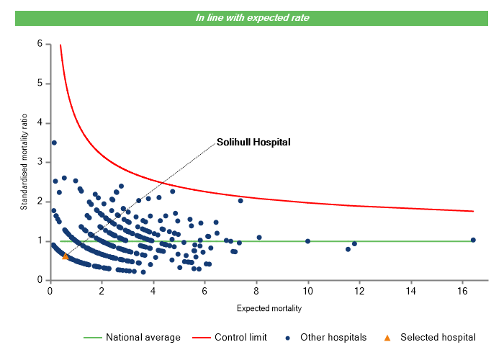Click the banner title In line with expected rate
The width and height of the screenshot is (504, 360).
252,18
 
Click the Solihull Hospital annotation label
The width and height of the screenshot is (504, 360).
253,142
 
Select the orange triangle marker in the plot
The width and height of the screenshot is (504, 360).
66,256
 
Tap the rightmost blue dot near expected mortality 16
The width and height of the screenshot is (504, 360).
473,240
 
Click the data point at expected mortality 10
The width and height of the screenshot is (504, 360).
308,241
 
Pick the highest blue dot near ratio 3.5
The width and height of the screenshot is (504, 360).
54,143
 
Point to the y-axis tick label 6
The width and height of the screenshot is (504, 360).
40,44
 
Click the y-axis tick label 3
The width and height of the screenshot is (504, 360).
40,162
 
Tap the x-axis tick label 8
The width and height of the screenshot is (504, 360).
256,291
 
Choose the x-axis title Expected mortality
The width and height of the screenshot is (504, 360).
269,309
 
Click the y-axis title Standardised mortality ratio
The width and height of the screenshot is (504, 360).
24,161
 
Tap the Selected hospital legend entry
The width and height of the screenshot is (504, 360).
438,337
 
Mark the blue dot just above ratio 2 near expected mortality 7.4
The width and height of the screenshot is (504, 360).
240,201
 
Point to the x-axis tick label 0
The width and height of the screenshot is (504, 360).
50,291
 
